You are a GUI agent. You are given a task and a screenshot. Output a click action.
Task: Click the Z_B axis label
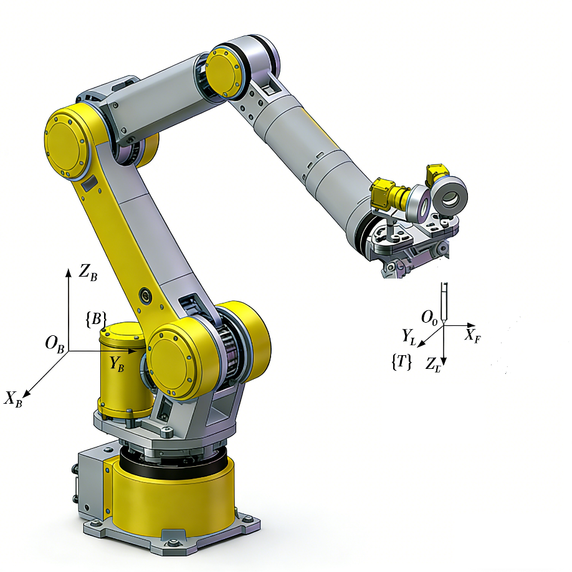pos(88,272)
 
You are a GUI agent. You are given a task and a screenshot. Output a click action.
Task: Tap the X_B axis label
pos(14,399)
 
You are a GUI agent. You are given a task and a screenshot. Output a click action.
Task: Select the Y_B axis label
pos(117,364)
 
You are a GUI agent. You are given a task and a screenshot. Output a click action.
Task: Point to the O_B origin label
pos(54,344)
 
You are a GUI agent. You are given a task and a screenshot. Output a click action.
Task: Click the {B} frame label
pos(96,319)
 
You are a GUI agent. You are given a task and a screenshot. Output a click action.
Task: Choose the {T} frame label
pos(401,362)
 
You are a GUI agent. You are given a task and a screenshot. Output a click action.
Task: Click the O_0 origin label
pos(429,318)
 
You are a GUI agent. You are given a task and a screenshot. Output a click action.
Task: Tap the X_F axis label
pos(472,335)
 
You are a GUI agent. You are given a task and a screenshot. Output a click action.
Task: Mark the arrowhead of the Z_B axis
pos(68,272)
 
